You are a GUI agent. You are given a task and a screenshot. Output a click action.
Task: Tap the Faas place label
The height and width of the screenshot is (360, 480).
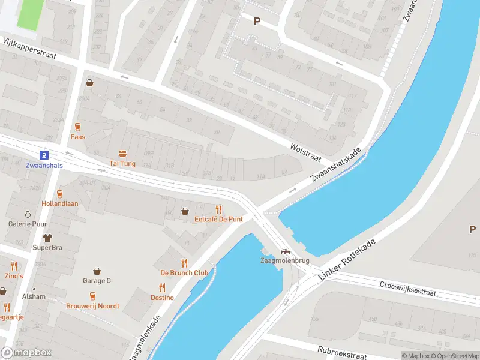[77, 137]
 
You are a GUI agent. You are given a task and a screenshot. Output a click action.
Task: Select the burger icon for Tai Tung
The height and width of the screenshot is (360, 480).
[122, 154]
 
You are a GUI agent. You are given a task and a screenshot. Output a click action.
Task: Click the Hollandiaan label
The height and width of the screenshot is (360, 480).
[59, 203]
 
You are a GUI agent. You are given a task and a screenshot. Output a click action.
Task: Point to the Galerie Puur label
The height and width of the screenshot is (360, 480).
[27, 224]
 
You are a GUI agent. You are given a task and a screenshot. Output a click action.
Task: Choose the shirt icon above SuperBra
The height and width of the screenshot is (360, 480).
[47, 238]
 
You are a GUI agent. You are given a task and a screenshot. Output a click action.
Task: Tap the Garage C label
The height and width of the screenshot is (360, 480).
[97, 281]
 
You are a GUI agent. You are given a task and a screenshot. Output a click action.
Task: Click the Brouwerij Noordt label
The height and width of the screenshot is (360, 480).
[92, 306]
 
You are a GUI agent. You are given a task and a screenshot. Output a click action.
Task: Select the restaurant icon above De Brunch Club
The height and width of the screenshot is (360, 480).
[184, 263]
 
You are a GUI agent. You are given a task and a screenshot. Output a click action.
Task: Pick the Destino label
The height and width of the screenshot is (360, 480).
[162, 298]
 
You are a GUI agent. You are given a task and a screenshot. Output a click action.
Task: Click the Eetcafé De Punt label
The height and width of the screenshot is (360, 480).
[218, 219]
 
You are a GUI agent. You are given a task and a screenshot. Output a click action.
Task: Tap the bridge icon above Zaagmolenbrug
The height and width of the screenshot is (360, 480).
[286, 251]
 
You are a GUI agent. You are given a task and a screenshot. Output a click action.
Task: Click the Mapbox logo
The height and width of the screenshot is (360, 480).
[26, 353]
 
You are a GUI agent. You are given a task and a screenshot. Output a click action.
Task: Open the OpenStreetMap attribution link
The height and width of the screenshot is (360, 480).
[452, 356]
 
